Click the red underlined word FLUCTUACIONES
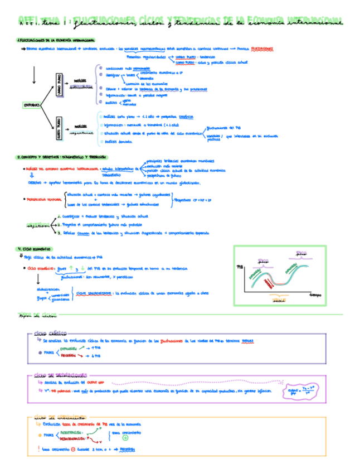(261, 49)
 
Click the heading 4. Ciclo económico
(33, 249)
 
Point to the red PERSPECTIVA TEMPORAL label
(40, 199)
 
